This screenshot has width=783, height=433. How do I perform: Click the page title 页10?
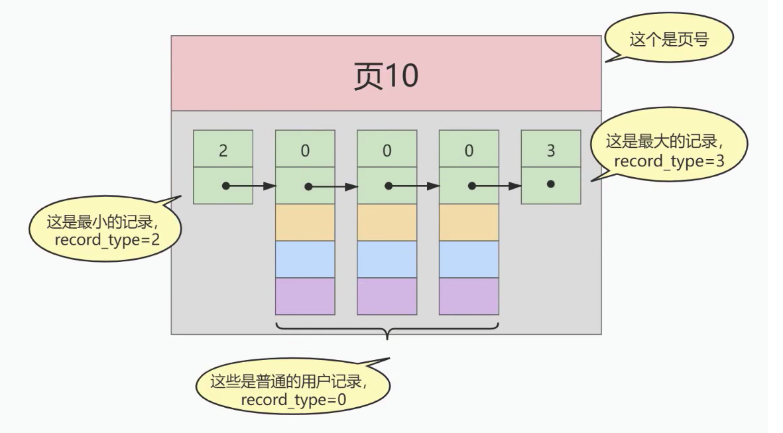[x=385, y=76]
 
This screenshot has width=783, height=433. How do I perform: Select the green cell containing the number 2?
[x=223, y=149]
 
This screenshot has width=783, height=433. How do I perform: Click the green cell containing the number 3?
[x=551, y=149]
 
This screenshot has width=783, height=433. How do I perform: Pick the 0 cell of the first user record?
[x=304, y=149]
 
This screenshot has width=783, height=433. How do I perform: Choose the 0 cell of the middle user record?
[x=387, y=149]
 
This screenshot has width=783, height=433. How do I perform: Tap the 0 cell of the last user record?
[x=469, y=149]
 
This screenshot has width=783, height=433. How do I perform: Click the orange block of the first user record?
[x=304, y=222]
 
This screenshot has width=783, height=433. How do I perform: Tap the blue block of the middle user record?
[x=387, y=259]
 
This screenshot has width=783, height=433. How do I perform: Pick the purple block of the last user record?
[x=469, y=296]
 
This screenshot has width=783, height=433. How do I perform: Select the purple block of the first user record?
[x=304, y=296]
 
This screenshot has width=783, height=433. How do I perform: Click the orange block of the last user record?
[x=469, y=222]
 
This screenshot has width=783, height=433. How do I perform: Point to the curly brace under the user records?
[x=387, y=328]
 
